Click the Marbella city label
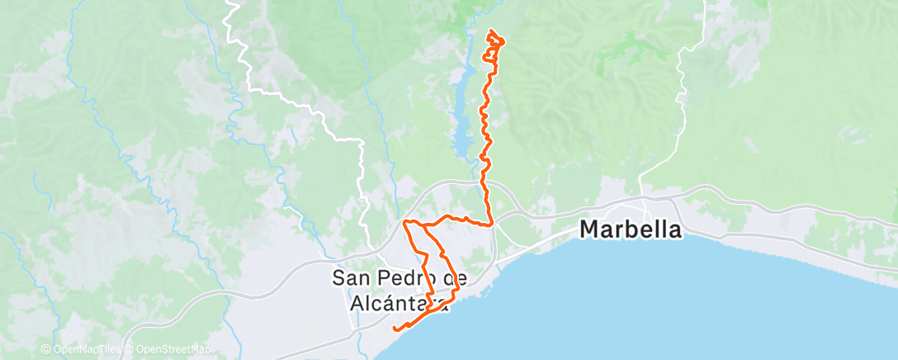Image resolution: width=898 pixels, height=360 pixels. pyautogui.click(x=631, y=230)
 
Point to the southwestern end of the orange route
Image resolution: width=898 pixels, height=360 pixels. pyautogui.click(x=395, y=329)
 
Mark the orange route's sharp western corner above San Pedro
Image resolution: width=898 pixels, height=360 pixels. pyautogui.click(x=404, y=223)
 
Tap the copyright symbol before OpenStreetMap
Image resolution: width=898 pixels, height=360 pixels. pyautogui.click(x=129, y=350)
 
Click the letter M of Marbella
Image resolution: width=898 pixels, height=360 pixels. pyautogui.click(x=591, y=230)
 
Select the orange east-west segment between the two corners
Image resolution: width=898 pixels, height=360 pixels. pyautogui.click(x=450, y=218)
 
